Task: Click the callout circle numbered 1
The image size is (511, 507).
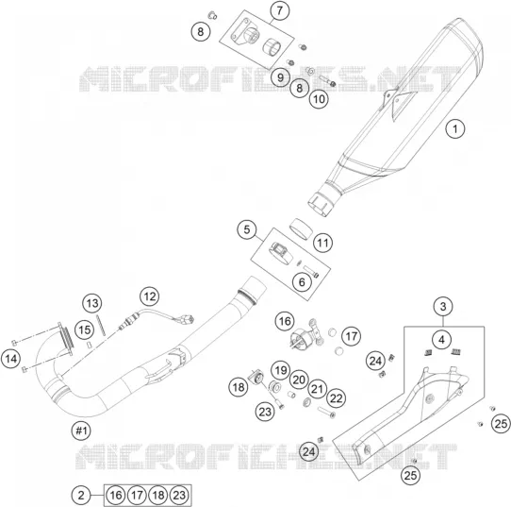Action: [455, 128]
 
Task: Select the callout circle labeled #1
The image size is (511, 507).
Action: [81, 431]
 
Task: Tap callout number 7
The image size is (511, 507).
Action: [280, 10]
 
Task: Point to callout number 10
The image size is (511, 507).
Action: [319, 98]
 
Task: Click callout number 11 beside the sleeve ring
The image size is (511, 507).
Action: [323, 243]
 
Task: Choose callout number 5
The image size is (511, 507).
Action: [247, 229]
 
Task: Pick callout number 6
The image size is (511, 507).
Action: [302, 282]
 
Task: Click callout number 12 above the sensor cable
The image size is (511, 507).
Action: [150, 296]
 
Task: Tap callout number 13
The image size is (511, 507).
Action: [92, 303]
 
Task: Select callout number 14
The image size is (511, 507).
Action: [10, 359]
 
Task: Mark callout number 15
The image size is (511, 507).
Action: [85, 330]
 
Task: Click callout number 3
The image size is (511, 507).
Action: [443, 306]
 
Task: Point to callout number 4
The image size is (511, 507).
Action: [442, 340]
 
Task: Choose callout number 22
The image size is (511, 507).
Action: [336, 398]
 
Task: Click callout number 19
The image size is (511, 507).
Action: [281, 370]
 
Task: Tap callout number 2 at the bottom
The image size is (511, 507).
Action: [81, 496]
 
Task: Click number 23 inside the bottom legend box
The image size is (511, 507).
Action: [179, 496]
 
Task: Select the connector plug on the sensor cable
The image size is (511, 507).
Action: [187, 319]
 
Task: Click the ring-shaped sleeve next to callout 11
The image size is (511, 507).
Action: [301, 228]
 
